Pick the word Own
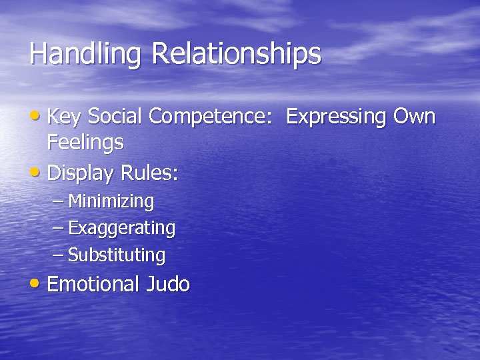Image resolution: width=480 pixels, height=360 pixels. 415,117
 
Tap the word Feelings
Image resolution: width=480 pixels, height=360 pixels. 85,142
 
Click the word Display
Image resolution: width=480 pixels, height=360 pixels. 81,174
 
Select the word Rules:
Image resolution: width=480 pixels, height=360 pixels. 149,174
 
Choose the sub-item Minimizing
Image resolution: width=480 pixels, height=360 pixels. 111,201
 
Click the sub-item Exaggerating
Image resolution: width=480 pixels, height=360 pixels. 121,228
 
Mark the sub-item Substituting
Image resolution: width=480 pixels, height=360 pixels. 117,255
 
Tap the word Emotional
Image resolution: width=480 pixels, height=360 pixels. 93,285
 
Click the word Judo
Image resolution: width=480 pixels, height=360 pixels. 167,285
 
